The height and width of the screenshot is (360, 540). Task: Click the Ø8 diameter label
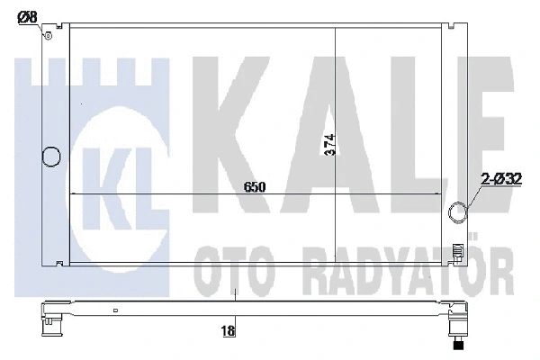(x=29, y=15)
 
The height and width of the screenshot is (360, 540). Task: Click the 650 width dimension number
(x=255, y=186)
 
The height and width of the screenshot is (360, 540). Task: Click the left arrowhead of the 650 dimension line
(x=74, y=194)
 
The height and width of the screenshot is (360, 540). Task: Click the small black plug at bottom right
(x=459, y=343)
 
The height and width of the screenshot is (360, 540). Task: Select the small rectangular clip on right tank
(x=458, y=251)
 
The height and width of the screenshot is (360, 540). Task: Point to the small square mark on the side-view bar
(x=115, y=311)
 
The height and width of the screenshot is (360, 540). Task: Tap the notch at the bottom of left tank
(x=59, y=263)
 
